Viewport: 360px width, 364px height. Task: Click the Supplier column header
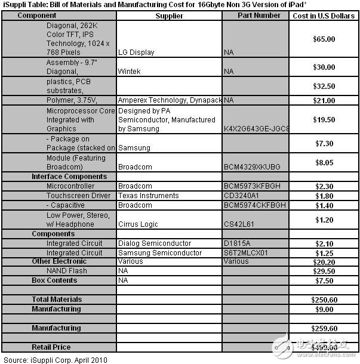pyautogui.click(x=170, y=16)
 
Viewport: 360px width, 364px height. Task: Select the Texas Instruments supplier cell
pyautogui.click(x=147, y=196)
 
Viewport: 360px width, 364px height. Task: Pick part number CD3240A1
pyautogui.click(x=242, y=196)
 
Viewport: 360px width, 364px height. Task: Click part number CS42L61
pyautogui.click(x=240, y=224)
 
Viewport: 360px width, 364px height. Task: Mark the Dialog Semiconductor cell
pyautogui.click(x=155, y=243)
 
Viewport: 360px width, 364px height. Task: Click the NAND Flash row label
pyautogui.click(x=67, y=271)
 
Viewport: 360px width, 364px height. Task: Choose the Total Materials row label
pyautogui.click(x=57, y=300)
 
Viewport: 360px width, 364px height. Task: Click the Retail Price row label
pyautogui.click(x=51, y=347)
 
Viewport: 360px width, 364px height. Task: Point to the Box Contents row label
pyautogui.click(x=54, y=280)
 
